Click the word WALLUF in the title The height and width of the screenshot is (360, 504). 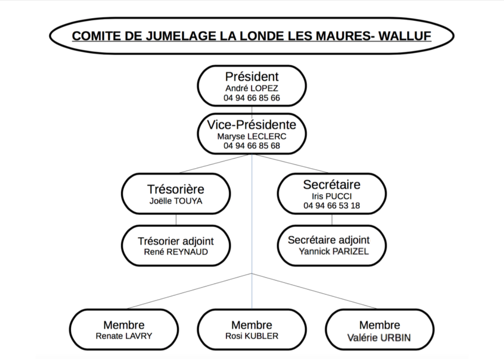coord(405,36)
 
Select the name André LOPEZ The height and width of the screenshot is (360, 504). coord(252,88)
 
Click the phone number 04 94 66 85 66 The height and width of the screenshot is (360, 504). coord(252,98)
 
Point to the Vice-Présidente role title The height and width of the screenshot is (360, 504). coord(252,125)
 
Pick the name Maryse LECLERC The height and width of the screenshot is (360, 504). coord(252,137)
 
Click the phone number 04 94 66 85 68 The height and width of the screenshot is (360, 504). coord(252,146)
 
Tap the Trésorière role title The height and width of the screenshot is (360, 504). coord(176,189)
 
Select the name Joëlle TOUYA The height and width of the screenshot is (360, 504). coord(176,201)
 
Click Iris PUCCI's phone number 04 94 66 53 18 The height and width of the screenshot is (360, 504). coord(332,205)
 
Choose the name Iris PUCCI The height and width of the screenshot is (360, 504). coord(332,196)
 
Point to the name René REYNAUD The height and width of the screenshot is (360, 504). coord(176,252)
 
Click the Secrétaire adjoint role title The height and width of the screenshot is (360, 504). coord(329,240)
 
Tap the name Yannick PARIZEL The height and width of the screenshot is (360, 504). coord(334,251)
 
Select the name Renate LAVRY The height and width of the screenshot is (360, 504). coord(124,336)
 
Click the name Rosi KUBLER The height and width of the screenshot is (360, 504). coord(252,336)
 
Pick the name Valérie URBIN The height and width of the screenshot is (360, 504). coord(379,338)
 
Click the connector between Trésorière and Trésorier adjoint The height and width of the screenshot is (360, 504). coord(176,220)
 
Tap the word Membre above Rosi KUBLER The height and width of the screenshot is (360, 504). coord(252,325)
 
